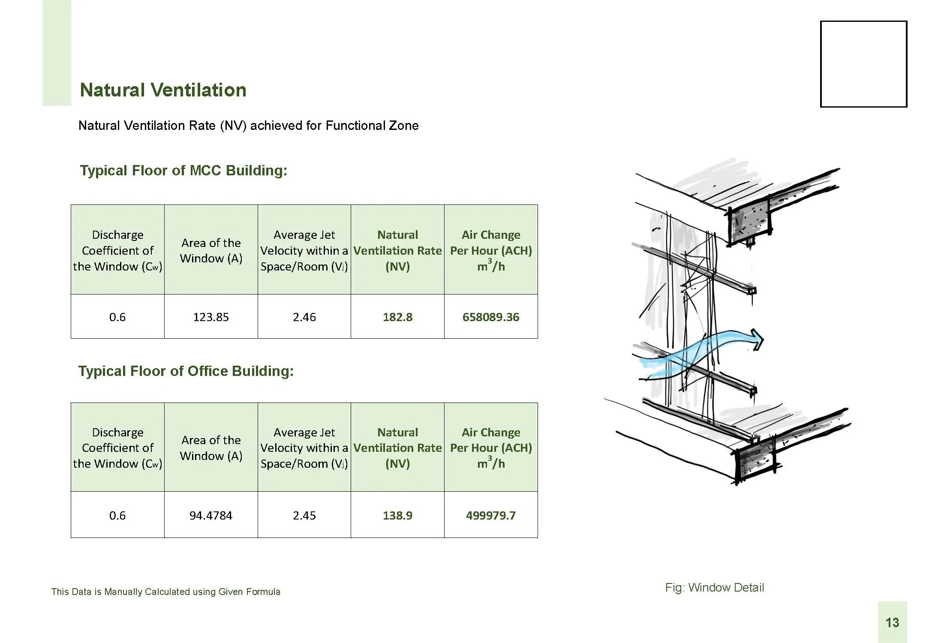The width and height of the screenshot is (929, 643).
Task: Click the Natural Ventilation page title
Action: pos(163,90)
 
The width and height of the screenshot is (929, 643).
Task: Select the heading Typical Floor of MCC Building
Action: pos(183,171)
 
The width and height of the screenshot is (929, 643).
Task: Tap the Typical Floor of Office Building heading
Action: pos(186,371)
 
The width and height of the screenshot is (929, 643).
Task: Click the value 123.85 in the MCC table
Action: pos(211,317)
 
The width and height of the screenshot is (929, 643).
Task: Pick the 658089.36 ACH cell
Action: pos(491,317)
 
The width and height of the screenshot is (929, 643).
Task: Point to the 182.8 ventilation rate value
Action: pos(398,317)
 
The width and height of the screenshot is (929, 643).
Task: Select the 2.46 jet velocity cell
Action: pos(304,317)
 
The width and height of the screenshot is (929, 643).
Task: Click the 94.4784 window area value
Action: pos(211,515)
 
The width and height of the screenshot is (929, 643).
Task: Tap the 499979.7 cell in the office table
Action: pos(491,515)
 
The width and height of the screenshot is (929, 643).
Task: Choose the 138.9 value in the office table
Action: pos(398,515)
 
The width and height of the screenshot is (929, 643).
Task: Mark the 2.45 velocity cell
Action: pos(304,515)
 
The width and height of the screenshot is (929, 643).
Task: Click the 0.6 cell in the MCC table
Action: pos(117,317)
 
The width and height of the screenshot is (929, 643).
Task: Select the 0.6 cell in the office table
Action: pos(117,515)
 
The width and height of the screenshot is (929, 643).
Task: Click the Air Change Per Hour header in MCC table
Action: pos(491,250)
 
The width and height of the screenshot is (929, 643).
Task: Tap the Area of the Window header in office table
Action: pos(211,448)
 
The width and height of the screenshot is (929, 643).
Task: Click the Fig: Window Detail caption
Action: pos(715,587)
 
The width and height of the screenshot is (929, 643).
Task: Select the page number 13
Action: pos(892,622)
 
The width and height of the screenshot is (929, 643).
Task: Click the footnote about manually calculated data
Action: pos(166,592)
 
